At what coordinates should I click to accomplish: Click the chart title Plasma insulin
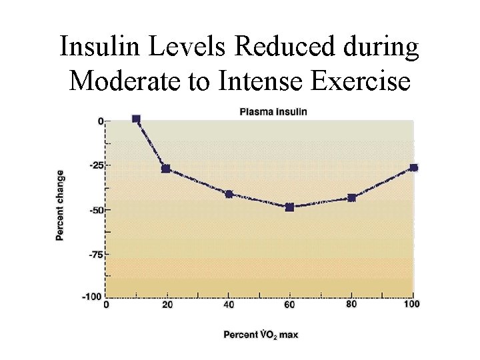(273, 111)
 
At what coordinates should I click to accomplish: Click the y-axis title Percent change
(60, 205)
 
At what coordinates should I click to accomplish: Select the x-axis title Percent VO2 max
(261, 334)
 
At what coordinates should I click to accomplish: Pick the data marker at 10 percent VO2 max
(136, 119)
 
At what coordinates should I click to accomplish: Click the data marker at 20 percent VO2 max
(166, 169)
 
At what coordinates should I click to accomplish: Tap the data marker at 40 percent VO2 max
(229, 194)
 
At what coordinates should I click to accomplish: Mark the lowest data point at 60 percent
(289, 207)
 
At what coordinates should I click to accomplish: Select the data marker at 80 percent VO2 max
(351, 197)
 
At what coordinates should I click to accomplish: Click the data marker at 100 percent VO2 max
(413, 167)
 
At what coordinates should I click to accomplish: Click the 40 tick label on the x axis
(229, 305)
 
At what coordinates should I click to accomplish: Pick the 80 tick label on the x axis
(351, 305)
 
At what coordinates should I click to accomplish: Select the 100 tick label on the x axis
(412, 305)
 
